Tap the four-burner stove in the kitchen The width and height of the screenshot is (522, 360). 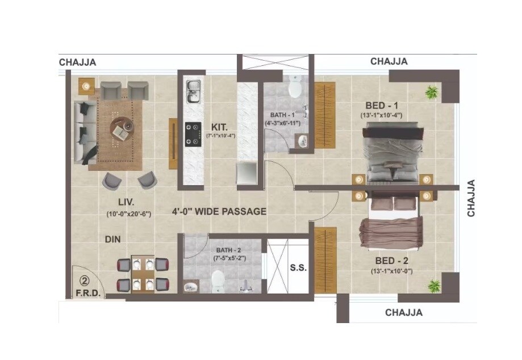pyautogui.click(x=193, y=134)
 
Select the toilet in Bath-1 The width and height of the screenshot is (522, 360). pyautogui.click(x=295, y=88)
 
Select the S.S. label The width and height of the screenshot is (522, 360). pyautogui.click(x=298, y=268)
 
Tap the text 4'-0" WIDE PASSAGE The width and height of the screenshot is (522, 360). pyautogui.click(x=219, y=212)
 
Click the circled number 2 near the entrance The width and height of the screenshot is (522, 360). pyautogui.click(x=83, y=281)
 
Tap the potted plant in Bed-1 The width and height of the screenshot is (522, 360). pyautogui.click(x=432, y=91)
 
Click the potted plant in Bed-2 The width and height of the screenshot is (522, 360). pyautogui.click(x=435, y=284)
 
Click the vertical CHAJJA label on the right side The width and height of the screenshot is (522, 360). pyautogui.click(x=471, y=198)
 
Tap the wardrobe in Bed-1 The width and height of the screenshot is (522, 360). pyautogui.click(x=325, y=115)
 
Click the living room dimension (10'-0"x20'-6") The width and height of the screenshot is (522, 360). pyautogui.click(x=128, y=214)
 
